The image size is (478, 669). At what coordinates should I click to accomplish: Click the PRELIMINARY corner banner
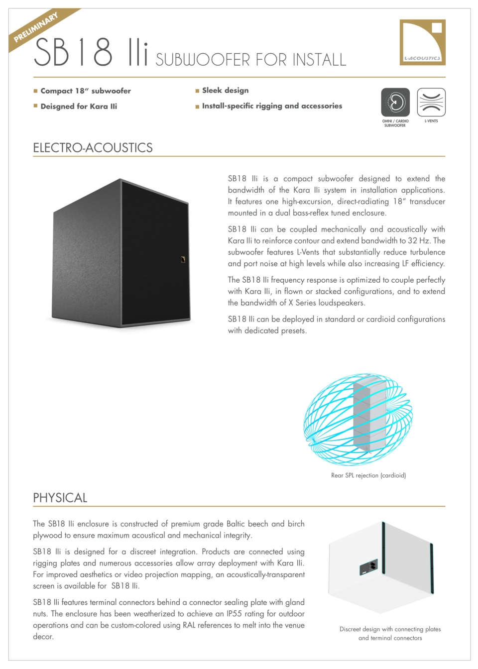(36, 27)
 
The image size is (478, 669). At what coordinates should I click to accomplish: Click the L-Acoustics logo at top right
(422, 42)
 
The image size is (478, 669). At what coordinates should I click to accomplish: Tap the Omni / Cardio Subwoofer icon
(395, 102)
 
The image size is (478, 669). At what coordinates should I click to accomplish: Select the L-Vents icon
(431, 102)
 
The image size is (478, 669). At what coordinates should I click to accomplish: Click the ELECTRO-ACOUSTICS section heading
(93, 148)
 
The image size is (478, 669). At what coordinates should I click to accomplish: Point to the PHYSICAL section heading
(60, 498)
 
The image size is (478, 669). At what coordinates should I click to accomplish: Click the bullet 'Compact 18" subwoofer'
(86, 91)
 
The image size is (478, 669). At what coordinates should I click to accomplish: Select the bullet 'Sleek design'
(225, 91)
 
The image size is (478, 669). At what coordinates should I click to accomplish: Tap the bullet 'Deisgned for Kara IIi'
(79, 107)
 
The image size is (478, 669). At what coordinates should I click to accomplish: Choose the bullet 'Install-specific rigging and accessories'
(272, 106)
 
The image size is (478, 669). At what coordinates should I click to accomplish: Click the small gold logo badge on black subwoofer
(183, 259)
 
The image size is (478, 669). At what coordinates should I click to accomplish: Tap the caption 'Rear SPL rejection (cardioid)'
(368, 475)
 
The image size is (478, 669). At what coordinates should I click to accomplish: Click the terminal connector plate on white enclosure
(368, 567)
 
